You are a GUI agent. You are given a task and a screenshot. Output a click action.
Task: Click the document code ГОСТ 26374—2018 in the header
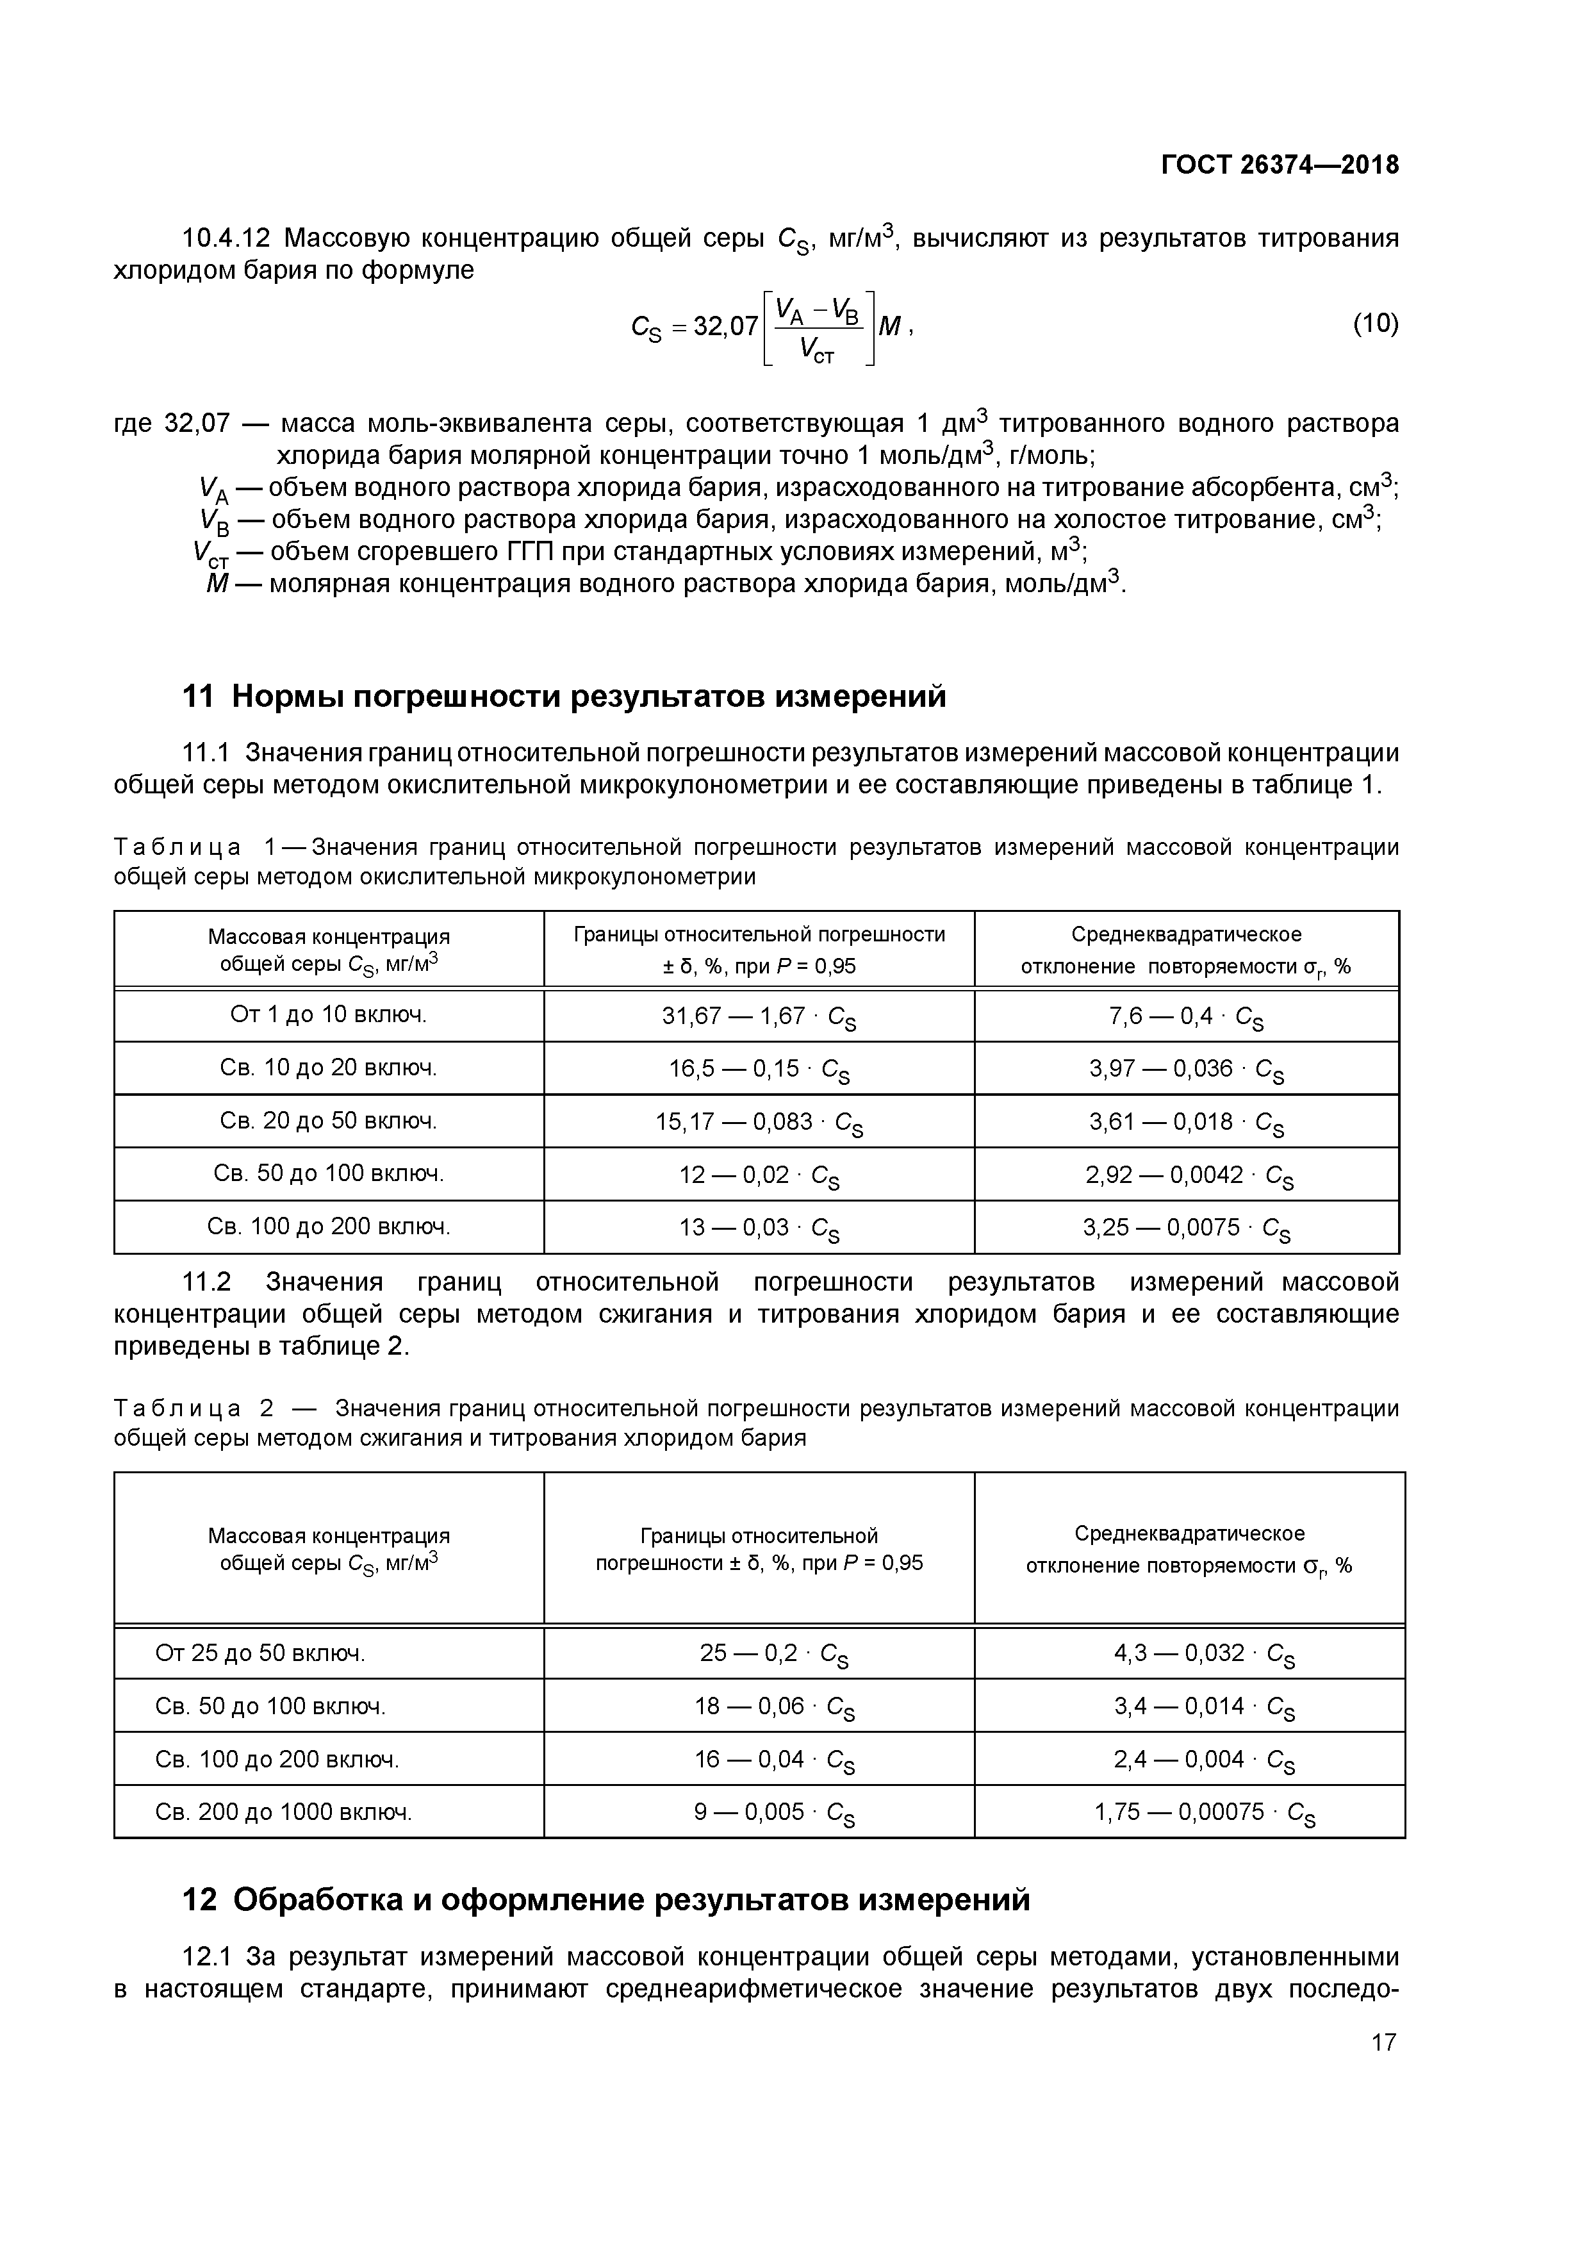click(x=1280, y=165)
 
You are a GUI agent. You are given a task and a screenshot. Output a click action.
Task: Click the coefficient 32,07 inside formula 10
click(x=725, y=326)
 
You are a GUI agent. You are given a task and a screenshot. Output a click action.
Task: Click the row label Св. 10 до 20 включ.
click(x=328, y=1067)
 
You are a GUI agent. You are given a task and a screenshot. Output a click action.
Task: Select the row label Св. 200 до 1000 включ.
click(x=284, y=1812)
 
